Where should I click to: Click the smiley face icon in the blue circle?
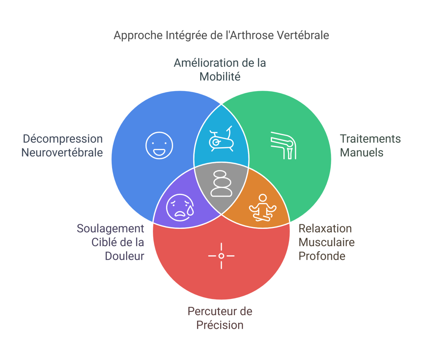pyautogui.click(x=159, y=146)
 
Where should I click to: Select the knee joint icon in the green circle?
pyautogui.click(x=283, y=145)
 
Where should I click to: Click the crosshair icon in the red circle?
pyautogui.click(x=221, y=256)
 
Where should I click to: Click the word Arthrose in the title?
pyautogui.click(x=254, y=35)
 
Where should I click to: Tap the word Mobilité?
pyautogui.click(x=220, y=76)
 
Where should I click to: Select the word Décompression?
pyautogui.click(x=63, y=139)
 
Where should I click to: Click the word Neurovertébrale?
pyautogui.click(x=62, y=153)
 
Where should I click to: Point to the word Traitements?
pyautogui.click(x=370, y=139)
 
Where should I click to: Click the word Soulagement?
pyautogui.click(x=110, y=228)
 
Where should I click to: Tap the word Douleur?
pyautogui.click(x=124, y=256)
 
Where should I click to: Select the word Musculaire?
pyautogui.click(x=326, y=242)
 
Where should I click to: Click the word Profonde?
pyautogui.click(x=321, y=256)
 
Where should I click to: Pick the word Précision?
pyautogui.click(x=220, y=325)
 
